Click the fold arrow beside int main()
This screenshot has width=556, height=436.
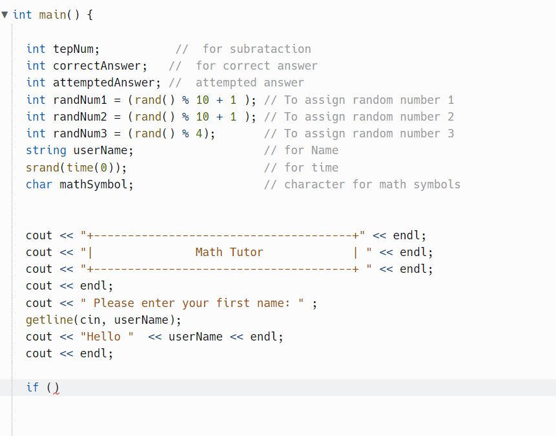(x=5, y=14)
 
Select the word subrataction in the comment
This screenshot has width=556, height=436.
(x=271, y=49)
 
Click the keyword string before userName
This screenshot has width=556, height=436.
(x=46, y=150)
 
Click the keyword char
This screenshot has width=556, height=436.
(x=39, y=184)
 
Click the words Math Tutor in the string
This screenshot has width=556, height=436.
(x=229, y=252)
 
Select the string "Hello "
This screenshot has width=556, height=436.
(x=107, y=337)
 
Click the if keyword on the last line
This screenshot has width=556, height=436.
(x=32, y=387)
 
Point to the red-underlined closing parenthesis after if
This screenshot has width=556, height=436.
(x=56, y=388)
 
